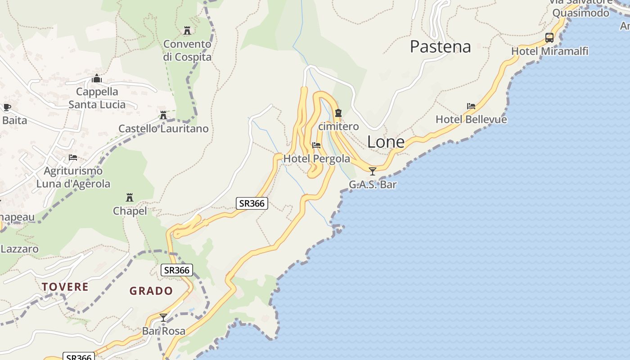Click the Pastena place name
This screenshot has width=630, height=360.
tap(440, 46)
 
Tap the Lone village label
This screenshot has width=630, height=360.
tap(386, 142)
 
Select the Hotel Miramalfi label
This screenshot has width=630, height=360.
tap(549, 51)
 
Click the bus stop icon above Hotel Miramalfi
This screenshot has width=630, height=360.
tap(549, 38)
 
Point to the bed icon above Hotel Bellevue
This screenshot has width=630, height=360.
tap(471, 107)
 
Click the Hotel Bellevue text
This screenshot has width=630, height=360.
tap(471, 120)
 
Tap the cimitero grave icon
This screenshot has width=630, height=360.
tap(338, 113)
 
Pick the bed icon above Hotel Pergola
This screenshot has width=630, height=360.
tap(316, 145)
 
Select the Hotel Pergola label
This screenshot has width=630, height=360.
tap(316, 159)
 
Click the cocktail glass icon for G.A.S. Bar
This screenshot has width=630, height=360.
tap(372, 171)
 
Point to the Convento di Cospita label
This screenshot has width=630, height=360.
tap(187, 50)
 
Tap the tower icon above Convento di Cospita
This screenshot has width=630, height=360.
tap(187, 31)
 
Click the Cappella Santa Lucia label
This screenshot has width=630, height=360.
tap(97, 98)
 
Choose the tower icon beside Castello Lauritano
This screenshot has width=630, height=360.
tap(163, 115)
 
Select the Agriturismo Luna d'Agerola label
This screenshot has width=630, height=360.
tap(73, 177)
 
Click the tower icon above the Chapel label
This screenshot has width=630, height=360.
tap(130, 198)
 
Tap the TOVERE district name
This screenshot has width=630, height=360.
tap(65, 287)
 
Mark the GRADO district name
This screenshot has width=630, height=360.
tap(151, 291)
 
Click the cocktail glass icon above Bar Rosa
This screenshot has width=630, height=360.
tap(163, 318)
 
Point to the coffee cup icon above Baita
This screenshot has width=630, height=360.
tap(7, 107)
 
